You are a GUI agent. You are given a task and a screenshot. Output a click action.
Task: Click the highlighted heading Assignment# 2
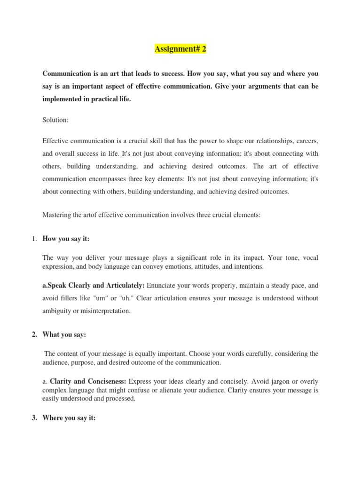pos(180,49)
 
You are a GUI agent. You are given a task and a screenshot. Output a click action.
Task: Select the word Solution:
pos(55,120)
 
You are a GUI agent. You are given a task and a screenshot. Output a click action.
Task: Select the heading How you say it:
pos(66,239)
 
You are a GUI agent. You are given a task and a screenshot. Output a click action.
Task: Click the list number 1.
pos(34,239)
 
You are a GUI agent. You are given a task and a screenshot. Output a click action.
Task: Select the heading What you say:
pos(64,334)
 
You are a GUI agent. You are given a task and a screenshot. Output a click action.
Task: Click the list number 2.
pos(34,334)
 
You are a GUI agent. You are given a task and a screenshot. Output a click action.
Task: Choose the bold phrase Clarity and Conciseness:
pos(88,381)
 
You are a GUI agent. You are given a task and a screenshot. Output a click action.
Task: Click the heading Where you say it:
pos(69,418)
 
